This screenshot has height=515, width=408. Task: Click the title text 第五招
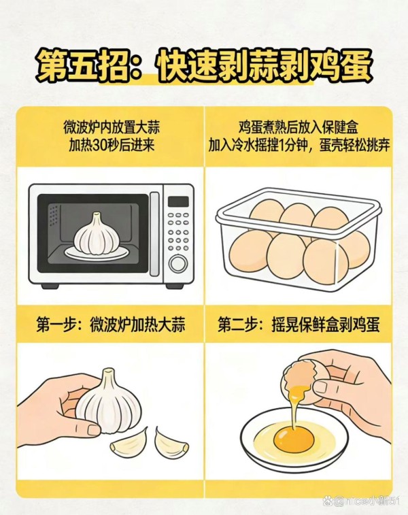point(83,67)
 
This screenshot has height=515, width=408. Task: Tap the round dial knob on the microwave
point(178,264)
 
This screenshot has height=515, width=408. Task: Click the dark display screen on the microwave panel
point(178,201)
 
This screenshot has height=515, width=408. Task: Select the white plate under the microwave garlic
point(96,252)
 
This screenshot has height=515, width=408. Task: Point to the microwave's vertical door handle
point(154,233)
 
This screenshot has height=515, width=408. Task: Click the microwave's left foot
point(50,286)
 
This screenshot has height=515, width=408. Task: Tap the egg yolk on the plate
point(294,439)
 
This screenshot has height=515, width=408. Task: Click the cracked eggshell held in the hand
point(301,380)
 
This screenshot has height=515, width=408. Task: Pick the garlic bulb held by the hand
point(108,402)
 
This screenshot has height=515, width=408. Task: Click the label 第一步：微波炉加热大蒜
point(111,325)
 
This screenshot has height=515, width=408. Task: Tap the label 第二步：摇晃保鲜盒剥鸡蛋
point(299,325)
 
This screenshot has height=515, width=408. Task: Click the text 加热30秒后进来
point(112,145)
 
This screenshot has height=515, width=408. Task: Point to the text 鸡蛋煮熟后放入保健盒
point(299,127)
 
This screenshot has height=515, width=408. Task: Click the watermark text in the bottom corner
point(361,501)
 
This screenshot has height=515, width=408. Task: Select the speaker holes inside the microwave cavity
point(54,214)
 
